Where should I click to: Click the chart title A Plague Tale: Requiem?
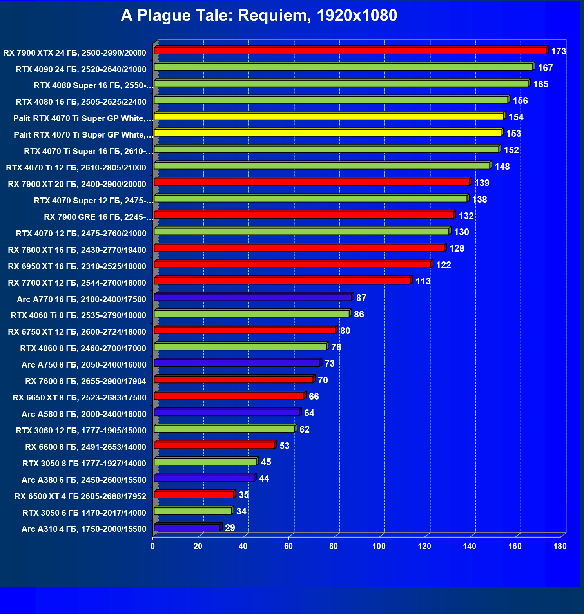click(x=259, y=16)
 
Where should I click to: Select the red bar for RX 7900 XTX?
click(x=350, y=51)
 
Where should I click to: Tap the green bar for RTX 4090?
click(x=343, y=67)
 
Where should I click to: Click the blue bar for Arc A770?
click(x=253, y=297)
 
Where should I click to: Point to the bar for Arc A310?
click(x=187, y=528)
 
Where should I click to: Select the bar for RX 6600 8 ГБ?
click(x=214, y=446)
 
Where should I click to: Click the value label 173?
click(x=559, y=51)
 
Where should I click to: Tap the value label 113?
click(x=423, y=281)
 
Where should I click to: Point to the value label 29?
click(x=230, y=528)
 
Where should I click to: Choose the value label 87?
click(x=361, y=298)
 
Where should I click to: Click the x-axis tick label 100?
click(x=379, y=546)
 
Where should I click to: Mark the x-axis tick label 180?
click(x=560, y=546)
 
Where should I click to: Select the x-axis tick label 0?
click(x=152, y=546)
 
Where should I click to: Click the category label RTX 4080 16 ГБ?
click(x=81, y=102)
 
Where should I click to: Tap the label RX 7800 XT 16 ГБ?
click(x=77, y=250)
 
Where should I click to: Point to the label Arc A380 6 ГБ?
click(x=84, y=480)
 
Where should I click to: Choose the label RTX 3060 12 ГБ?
click(x=81, y=431)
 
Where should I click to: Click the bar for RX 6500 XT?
click(x=194, y=495)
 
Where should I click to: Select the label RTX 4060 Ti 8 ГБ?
click(x=78, y=315)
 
